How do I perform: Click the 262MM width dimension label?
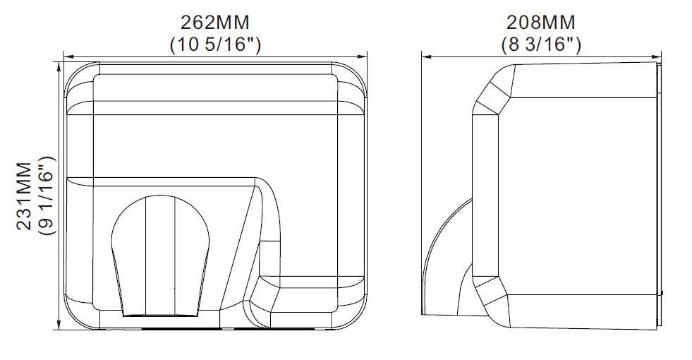click(215, 22)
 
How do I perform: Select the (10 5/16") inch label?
click(215, 44)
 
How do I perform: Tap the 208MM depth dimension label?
click(541, 22)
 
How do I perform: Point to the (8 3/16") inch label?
click(542, 44)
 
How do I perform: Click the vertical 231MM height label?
click(24, 196)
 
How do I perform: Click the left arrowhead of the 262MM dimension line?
click(68, 56)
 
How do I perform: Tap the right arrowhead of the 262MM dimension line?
click(363, 56)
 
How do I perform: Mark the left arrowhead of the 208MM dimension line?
click(426, 56)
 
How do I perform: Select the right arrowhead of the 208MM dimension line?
click(657, 56)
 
